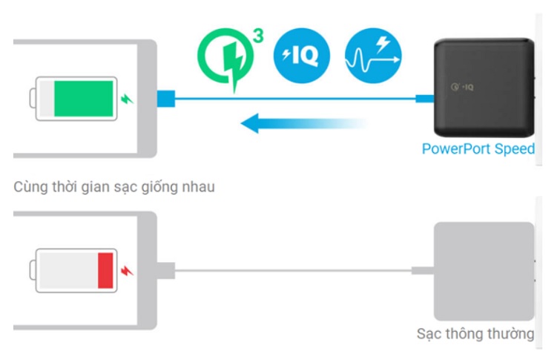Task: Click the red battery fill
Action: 105,270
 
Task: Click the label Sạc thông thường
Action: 475,333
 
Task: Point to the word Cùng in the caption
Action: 30,186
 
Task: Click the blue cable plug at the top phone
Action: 165,98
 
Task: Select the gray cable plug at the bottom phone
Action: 165,270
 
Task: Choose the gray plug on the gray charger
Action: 423,271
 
